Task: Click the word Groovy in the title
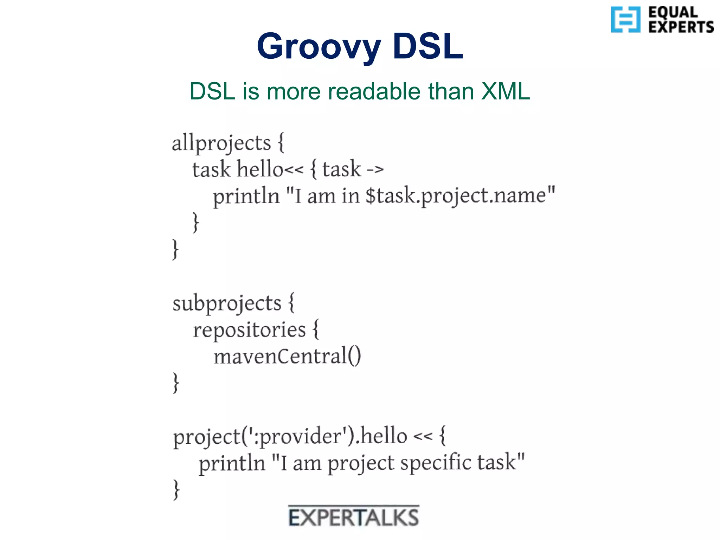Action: pyautogui.click(x=319, y=47)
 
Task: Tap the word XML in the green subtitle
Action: pyautogui.click(x=505, y=91)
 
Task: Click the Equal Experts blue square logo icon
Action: pyautogui.click(x=625, y=19)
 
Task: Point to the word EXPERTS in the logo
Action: pyautogui.click(x=681, y=27)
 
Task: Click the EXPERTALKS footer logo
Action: pyautogui.click(x=354, y=517)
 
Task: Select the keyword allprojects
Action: pyautogui.click(x=221, y=143)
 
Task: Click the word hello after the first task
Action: pyautogui.click(x=260, y=169)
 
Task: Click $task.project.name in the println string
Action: pyautogui.click(x=456, y=196)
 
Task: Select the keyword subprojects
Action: pyautogui.click(x=227, y=303)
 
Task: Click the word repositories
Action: pyautogui.click(x=249, y=330)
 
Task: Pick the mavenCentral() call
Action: pyautogui.click(x=287, y=356)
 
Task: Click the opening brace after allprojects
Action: pyautogui.click(x=281, y=143)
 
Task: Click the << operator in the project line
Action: pyautogui.click(x=422, y=437)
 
